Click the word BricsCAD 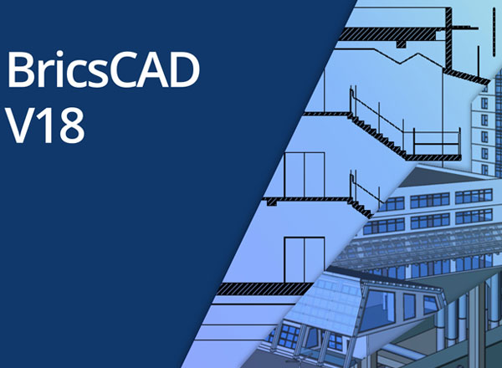(103, 69)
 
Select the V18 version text (45, 125)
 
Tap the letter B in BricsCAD (20, 69)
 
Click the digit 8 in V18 (72, 125)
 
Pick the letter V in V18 (20, 125)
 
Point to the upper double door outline (305, 175)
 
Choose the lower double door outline (305, 260)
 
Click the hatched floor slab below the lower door (265, 289)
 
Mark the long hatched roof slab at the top (392, 34)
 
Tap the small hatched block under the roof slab (401, 44)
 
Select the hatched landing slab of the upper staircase (433, 157)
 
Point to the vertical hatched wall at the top (448, 38)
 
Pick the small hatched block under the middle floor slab (271, 202)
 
